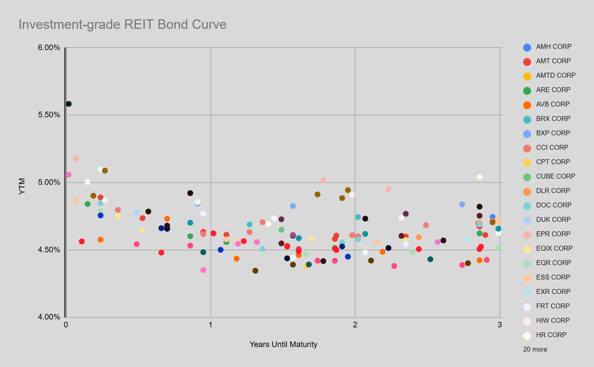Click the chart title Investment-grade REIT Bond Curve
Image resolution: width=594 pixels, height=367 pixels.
122,25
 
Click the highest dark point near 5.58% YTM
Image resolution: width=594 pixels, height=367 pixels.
69,104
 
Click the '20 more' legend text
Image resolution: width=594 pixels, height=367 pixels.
535,349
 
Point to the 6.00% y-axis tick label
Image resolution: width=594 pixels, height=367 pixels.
49,48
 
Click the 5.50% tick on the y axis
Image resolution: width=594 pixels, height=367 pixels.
49,115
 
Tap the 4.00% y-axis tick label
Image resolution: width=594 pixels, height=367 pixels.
49,317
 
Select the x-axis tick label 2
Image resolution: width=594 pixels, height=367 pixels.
355,325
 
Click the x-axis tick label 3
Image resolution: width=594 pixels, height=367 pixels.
500,325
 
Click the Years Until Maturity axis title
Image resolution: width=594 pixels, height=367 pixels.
283,344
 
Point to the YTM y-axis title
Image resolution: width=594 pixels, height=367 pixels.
22,186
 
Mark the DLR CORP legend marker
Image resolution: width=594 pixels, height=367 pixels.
527,191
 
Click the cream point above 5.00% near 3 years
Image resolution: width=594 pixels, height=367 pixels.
479,177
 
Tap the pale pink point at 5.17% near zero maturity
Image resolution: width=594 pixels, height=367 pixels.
76,159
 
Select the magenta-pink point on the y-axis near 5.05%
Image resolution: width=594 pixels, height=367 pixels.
69,175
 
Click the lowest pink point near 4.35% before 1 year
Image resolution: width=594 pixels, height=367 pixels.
203,270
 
